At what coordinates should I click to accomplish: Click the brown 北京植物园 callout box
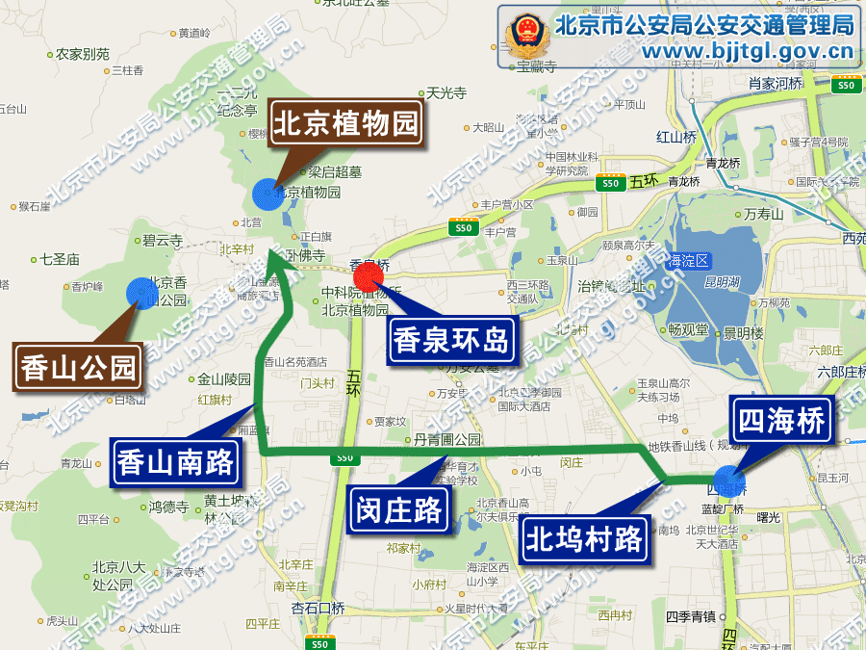(x=347, y=123)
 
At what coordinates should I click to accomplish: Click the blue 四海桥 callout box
(x=780, y=420)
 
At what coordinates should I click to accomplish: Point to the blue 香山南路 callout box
(x=176, y=462)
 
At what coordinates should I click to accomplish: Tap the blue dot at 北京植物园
(x=267, y=194)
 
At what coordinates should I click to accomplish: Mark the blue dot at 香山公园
(x=140, y=293)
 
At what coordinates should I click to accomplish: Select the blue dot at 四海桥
(x=728, y=479)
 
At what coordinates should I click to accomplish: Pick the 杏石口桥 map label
(x=318, y=608)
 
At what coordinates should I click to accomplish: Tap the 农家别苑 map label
(x=83, y=54)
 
